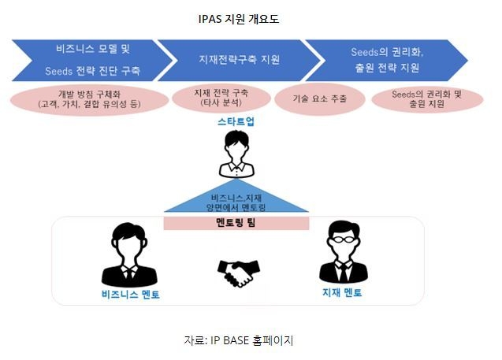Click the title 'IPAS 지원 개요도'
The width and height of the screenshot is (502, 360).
click(239, 19)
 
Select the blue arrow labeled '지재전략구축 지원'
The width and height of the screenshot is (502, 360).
click(240, 60)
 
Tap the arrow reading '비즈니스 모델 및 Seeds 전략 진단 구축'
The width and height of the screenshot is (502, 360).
click(93, 60)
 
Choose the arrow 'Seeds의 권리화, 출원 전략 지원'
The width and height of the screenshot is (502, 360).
click(387, 60)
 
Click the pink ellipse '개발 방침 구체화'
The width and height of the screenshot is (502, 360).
click(89, 100)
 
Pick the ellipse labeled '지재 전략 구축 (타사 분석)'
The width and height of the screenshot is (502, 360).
click(221, 98)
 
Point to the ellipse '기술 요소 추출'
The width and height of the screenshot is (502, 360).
click(320, 99)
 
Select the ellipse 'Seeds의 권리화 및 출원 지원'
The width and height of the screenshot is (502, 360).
click(427, 99)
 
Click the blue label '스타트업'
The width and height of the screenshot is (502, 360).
click(236, 121)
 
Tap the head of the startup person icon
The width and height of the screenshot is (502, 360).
click(236, 145)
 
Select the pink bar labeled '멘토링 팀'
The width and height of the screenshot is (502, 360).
click(236, 223)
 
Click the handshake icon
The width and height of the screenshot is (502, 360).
click(239, 273)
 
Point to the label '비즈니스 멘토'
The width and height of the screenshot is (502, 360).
click(131, 294)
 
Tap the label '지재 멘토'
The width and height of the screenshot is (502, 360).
click(342, 292)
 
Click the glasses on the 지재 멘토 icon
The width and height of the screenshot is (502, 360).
click(344, 239)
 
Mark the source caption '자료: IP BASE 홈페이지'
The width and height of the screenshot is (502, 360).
click(239, 340)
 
